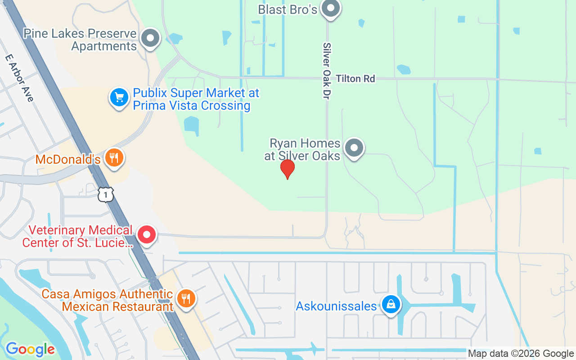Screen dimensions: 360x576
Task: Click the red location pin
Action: [x=287, y=169]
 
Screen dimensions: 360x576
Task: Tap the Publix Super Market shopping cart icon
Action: [x=119, y=97]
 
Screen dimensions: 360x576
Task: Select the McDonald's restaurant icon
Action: [x=114, y=157]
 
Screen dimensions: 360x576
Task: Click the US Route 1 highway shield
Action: [x=105, y=194]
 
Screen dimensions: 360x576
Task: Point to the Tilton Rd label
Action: [x=355, y=79]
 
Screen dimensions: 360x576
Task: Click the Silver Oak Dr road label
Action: [x=327, y=71]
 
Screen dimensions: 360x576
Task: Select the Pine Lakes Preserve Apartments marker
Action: [x=150, y=39]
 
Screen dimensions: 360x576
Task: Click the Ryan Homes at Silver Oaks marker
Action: [x=354, y=148]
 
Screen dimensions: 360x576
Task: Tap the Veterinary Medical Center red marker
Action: [x=146, y=235]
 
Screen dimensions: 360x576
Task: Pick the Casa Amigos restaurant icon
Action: [x=185, y=298]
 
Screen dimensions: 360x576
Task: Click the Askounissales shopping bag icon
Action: [x=391, y=305]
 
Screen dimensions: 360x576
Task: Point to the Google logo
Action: [x=30, y=349]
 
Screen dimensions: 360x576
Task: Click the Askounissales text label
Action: [x=336, y=306]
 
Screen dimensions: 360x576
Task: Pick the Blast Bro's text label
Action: [x=288, y=9]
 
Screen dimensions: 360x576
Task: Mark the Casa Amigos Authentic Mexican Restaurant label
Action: [x=108, y=301]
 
